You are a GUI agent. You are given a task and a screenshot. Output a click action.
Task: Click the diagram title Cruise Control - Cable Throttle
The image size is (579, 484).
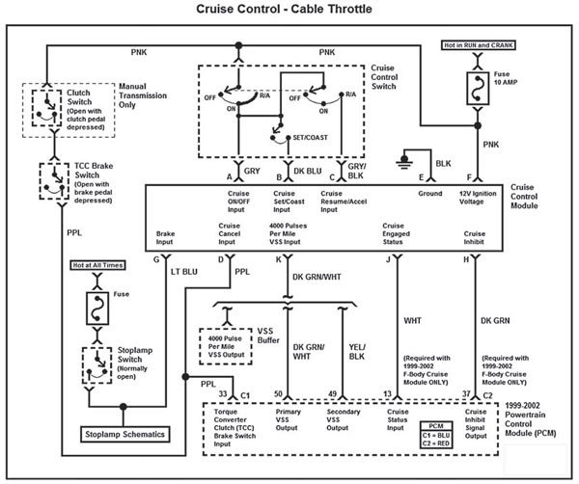(289, 12)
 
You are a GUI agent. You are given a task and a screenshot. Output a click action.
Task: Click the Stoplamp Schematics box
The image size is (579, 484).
(124, 434)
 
